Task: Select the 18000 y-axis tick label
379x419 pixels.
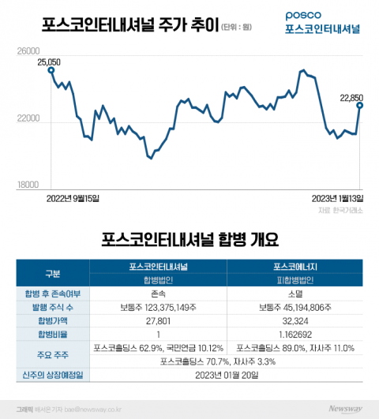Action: [x=28, y=185]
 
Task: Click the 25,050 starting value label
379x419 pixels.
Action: [x=49, y=61]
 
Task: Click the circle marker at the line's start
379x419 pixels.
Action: [x=51, y=69]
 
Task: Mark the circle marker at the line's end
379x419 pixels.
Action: [x=360, y=105]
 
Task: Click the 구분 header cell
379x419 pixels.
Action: [x=53, y=273]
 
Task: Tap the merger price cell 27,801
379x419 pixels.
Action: [x=159, y=320]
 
